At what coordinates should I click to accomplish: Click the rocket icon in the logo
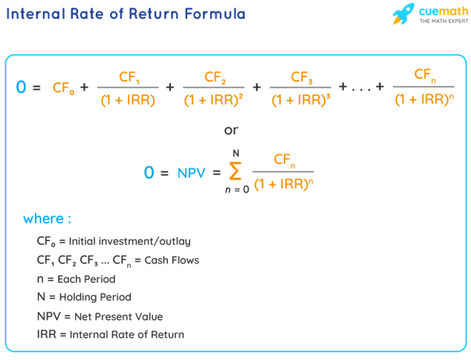coord(403,13)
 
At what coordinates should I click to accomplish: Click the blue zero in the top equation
coord(20,87)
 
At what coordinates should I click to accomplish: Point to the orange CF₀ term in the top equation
coord(62,88)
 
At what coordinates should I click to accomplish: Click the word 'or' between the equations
coord(231,131)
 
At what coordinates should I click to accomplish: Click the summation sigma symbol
coord(235,172)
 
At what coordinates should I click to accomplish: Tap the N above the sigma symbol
coord(235,153)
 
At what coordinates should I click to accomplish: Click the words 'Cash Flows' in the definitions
coord(172,261)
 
